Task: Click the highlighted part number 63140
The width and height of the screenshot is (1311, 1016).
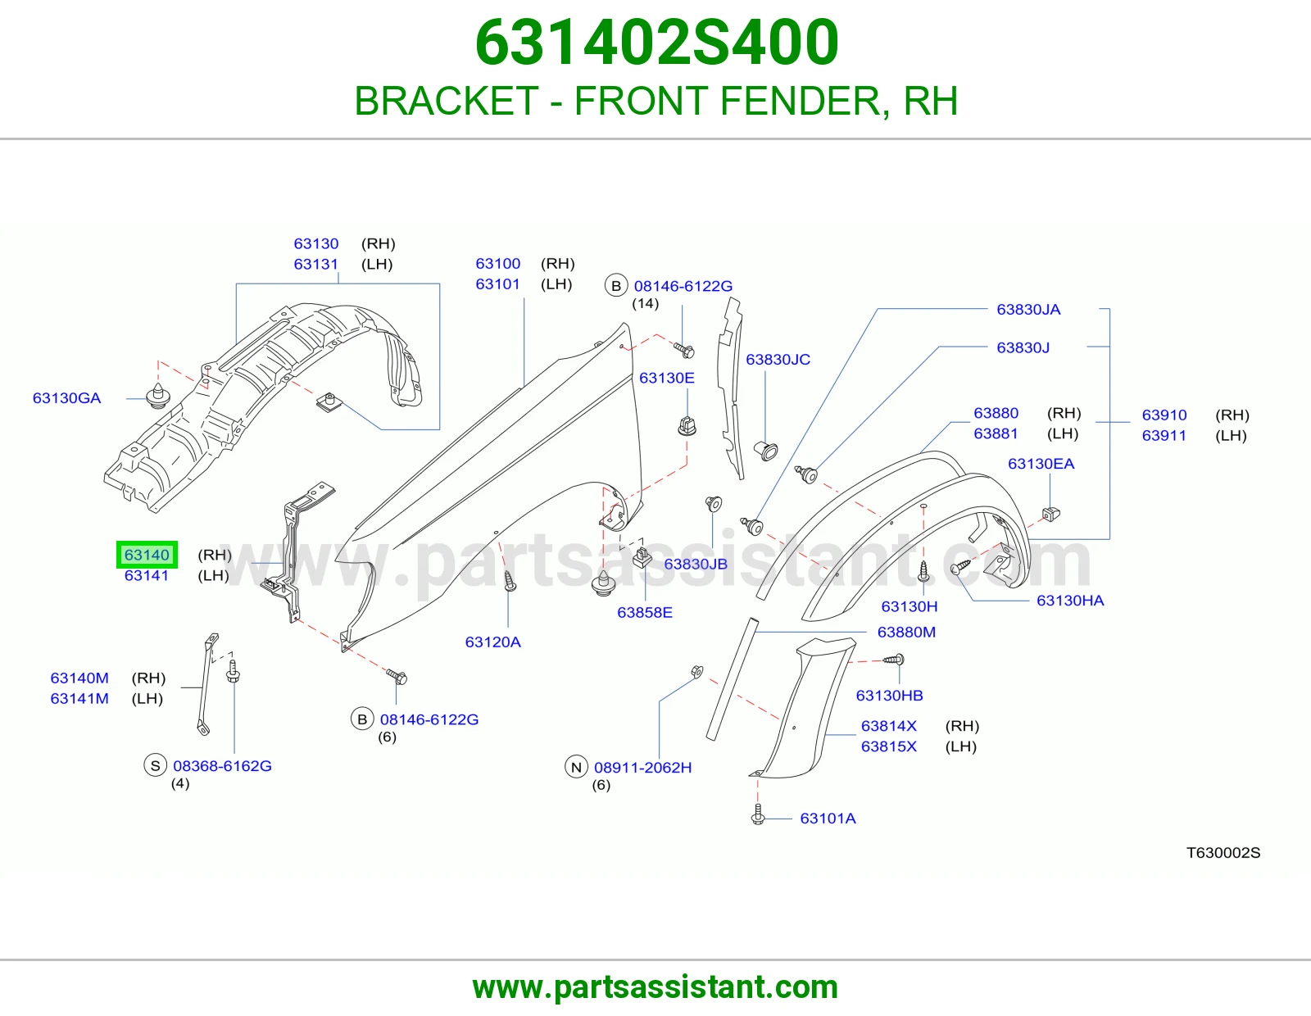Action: (x=147, y=555)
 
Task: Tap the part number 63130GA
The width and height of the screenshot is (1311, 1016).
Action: (x=67, y=398)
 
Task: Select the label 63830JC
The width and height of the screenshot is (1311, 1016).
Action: (x=778, y=360)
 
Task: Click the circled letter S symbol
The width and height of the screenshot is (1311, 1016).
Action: (x=155, y=765)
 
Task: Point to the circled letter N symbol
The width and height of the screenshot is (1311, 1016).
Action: (x=576, y=768)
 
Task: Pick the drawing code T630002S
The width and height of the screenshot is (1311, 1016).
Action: (x=1223, y=852)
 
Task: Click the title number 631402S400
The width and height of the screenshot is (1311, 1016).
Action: (x=657, y=43)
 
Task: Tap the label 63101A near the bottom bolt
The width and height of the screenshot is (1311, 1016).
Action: (x=828, y=819)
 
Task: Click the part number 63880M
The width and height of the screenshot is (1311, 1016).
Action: (x=906, y=633)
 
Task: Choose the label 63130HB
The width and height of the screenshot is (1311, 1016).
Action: (x=889, y=696)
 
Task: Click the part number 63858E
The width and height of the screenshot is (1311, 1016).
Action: (x=644, y=613)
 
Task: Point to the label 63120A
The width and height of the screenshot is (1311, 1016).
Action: (x=493, y=642)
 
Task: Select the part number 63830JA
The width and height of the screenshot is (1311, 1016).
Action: (x=1028, y=310)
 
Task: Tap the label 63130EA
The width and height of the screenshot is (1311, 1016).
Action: (x=1041, y=464)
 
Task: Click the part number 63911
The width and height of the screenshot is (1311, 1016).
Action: (x=1164, y=436)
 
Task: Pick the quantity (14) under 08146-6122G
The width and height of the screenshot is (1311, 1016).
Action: (x=645, y=303)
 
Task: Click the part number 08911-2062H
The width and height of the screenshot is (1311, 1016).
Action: (x=642, y=768)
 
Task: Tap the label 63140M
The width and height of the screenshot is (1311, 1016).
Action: (x=79, y=678)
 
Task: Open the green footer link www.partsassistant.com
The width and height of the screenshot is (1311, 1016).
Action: (x=655, y=987)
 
